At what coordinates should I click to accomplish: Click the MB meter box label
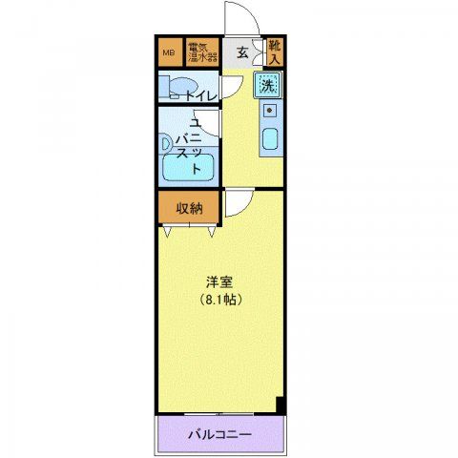(170, 52)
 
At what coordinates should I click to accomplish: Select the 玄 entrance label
(242, 53)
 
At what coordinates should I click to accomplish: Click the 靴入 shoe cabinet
(275, 52)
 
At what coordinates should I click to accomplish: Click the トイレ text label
(201, 94)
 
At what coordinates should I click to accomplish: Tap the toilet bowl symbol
(174, 92)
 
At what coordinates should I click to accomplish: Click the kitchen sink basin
(270, 142)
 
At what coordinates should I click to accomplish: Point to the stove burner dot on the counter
(269, 112)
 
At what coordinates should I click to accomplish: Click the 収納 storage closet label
(189, 208)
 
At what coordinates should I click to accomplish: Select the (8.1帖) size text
(221, 299)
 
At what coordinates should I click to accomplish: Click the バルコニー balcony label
(220, 435)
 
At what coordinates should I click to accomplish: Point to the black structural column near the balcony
(281, 405)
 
